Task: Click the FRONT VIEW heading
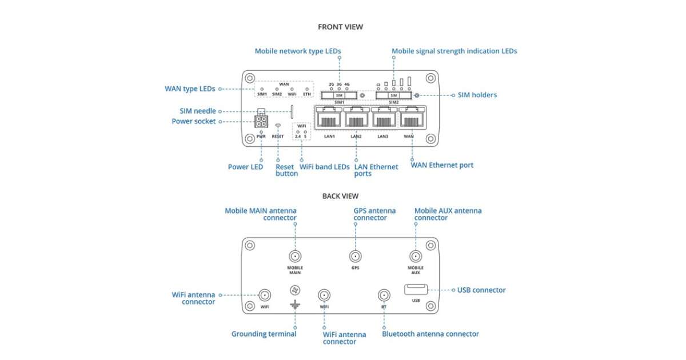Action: [x=340, y=27]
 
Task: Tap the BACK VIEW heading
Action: [x=340, y=196]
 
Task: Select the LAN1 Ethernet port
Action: [x=329, y=119]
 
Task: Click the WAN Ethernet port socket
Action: [x=410, y=119]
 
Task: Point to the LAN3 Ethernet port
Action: [x=384, y=119]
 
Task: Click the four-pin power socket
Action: [x=261, y=121]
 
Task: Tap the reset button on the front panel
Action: [x=278, y=125]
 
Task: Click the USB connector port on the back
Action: [x=416, y=290]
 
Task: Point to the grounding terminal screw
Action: [x=295, y=291]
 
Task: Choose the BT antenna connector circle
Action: [x=384, y=295]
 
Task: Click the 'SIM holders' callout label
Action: [x=477, y=95]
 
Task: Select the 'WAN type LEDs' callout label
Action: [x=190, y=89]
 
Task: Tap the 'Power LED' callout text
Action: [x=245, y=167]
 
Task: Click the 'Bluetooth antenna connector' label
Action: [x=430, y=334]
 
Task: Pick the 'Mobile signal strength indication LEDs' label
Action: [x=454, y=51]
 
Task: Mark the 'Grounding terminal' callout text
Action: [x=264, y=334]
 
